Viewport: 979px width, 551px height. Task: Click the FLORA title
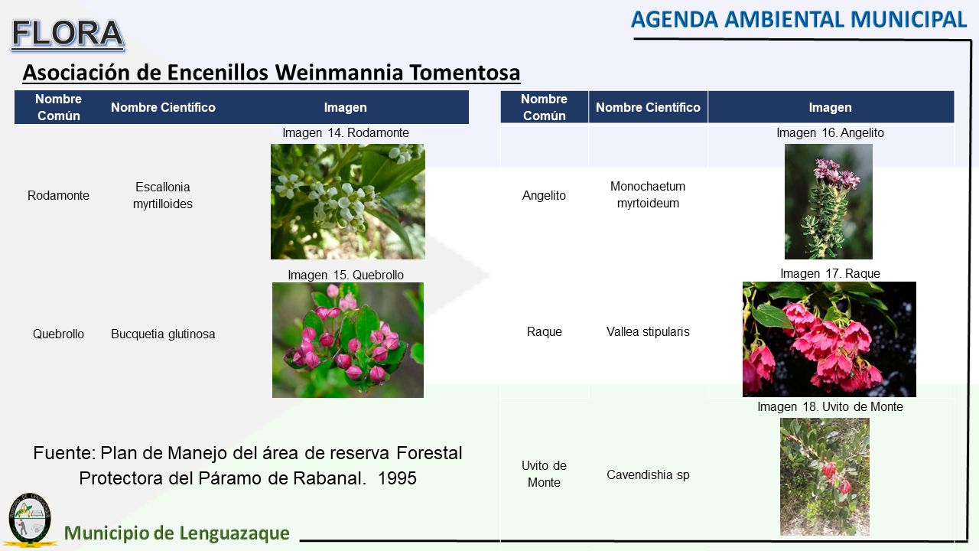[x=68, y=34]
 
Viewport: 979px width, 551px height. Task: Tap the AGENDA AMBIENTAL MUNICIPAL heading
[x=798, y=20]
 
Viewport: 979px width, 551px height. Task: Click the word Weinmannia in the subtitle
[x=339, y=73]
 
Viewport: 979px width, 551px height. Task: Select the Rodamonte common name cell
[x=58, y=195]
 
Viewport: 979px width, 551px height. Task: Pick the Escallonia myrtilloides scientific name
[x=163, y=195]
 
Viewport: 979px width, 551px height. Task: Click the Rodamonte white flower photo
[x=348, y=201]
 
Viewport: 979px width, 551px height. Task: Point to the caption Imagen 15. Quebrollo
[x=346, y=275]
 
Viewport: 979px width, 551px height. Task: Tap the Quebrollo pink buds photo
[x=348, y=341]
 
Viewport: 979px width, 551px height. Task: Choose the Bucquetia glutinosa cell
[x=163, y=334]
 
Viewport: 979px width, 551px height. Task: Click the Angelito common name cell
[x=544, y=195]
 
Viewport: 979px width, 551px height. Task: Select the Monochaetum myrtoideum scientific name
[x=648, y=194]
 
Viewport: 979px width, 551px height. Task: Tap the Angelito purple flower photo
[x=828, y=201]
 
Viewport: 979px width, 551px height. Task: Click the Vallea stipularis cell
[x=648, y=332]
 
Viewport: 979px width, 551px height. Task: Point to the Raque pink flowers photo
[x=830, y=339]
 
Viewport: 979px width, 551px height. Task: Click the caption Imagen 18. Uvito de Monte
[x=830, y=406]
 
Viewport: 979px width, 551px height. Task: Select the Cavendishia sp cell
[x=648, y=475]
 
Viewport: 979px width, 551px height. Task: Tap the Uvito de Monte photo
[x=825, y=477]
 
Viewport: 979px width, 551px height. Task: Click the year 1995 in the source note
[x=397, y=478]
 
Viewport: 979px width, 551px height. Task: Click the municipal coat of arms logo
[x=30, y=520]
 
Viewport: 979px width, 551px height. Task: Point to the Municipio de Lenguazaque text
[x=177, y=533]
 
